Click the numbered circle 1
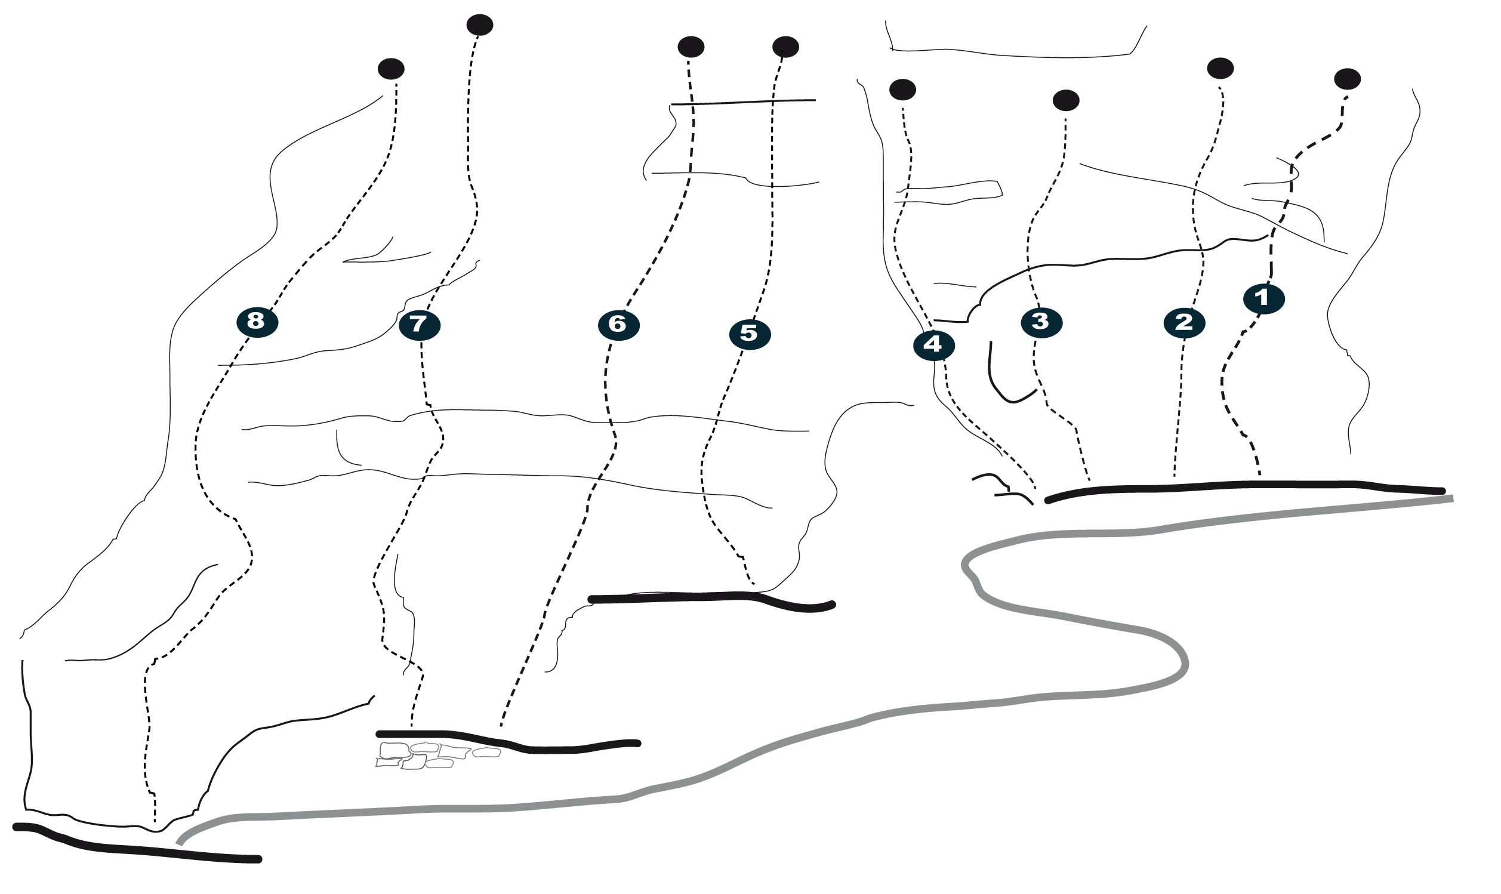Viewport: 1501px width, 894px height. pos(1263,299)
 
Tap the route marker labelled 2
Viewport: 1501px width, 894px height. pos(1184,323)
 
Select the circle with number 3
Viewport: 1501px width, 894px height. pos(1041,322)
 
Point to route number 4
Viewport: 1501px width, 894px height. pos(933,345)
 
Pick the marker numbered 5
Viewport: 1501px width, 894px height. pos(749,334)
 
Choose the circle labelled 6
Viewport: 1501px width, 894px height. pos(618,325)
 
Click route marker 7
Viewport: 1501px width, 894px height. pos(419,325)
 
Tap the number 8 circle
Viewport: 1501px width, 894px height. pos(257,322)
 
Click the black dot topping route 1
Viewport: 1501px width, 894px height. pos(1348,79)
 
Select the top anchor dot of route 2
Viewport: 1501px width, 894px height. pos(1220,69)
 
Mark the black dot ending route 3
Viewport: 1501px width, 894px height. pos(1065,101)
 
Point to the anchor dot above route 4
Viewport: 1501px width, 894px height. pos(902,90)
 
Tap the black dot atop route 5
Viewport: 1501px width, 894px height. pos(785,47)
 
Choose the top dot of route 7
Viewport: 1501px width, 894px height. pos(479,25)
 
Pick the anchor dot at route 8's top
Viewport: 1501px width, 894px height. pos(391,69)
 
